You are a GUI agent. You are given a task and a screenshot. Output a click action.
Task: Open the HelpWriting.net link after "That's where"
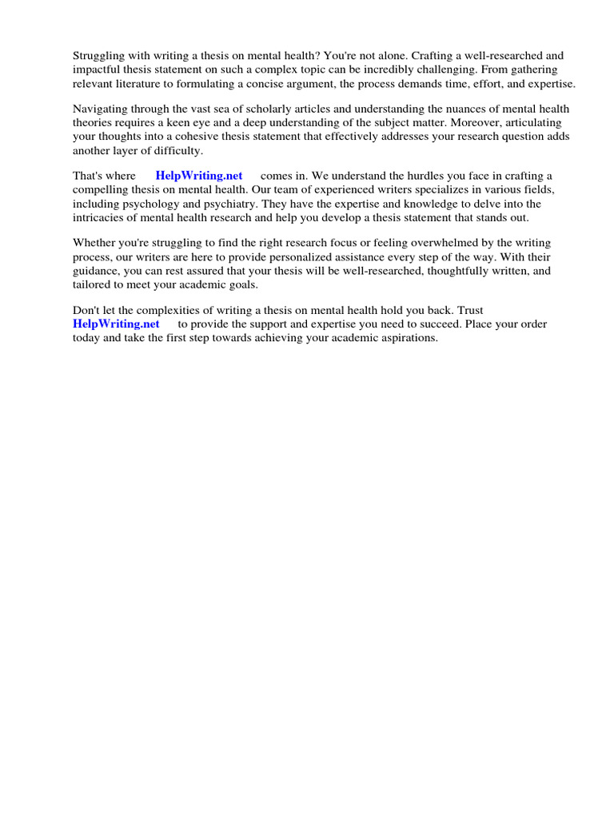[199, 176]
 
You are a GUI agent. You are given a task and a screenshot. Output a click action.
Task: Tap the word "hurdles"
[419, 176]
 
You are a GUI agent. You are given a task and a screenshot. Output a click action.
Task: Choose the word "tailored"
[91, 284]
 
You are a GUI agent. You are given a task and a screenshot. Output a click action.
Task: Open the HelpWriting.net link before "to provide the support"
[116, 324]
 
